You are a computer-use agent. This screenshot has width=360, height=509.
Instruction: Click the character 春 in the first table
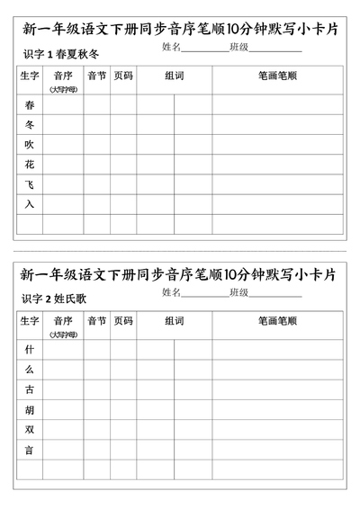click(30, 105)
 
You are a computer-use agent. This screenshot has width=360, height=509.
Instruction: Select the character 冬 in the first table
click(30, 125)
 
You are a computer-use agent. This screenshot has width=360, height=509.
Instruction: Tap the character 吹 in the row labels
click(30, 145)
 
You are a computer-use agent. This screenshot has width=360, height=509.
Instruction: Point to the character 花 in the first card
click(30, 165)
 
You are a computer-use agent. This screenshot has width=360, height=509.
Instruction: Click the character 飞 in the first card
click(30, 184)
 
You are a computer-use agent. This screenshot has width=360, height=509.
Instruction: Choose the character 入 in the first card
click(30, 204)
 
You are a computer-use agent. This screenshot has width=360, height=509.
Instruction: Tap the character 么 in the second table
click(30, 370)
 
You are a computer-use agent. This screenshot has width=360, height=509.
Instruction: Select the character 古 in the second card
click(30, 389)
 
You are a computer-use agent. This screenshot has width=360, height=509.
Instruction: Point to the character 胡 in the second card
click(30, 410)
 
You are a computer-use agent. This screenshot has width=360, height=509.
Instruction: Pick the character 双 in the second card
click(30, 430)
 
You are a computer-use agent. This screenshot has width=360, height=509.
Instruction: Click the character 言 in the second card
click(30, 450)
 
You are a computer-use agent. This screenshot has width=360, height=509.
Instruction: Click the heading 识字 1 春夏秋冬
click(61, 56)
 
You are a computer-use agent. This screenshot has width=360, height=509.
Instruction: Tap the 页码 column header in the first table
click(123, 76)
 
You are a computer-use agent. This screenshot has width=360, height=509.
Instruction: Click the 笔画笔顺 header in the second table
click(277, 321)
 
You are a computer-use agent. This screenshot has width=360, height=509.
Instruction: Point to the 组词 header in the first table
click(175, 76)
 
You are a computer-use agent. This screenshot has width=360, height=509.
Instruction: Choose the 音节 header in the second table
click(96, 321)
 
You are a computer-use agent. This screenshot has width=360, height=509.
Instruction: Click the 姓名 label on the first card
click(172, 47)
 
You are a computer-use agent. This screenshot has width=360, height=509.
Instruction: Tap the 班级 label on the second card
click(238, 292)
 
